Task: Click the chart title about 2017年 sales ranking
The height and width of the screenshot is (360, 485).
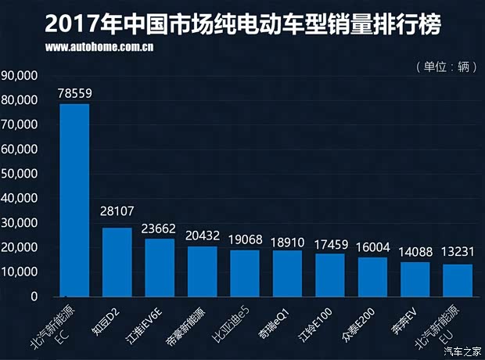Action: point(242,23)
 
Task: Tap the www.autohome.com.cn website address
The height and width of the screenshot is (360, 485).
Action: point(99,47)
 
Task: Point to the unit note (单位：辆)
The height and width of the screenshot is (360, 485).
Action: point(446,67)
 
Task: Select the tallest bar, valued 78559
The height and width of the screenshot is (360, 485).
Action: point(74,200)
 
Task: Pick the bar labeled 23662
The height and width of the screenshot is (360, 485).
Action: point(160,268)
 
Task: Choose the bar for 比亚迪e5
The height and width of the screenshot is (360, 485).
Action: point(245,273)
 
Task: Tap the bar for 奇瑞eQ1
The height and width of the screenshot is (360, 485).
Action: point(287,273)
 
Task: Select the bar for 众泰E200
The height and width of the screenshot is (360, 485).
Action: point(372,277)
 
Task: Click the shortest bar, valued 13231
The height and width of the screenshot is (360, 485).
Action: point(458,280)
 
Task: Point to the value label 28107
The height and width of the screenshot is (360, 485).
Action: point(117,211)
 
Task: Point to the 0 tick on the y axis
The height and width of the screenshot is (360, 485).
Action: point(34,297)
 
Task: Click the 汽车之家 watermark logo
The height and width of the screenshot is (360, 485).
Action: point(462,351)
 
